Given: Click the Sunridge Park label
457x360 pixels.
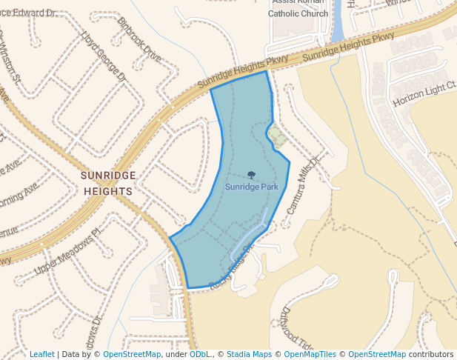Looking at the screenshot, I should tap(252, 187).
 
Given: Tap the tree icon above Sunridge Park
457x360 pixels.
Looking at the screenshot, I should tap(252, 176).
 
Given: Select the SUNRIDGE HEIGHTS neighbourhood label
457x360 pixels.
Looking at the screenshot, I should tap(107, 183).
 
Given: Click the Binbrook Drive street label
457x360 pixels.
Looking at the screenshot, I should tap(139, 43).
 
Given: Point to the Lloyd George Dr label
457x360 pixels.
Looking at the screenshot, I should tap(104, 56).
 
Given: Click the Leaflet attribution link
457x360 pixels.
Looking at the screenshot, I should tap(42, 354).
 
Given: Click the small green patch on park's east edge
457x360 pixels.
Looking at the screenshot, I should tap(276, 135).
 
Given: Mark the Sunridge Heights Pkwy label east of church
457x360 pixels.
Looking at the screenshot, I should tap(348, 46).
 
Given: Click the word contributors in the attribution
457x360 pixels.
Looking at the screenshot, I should tap(430, 354).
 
